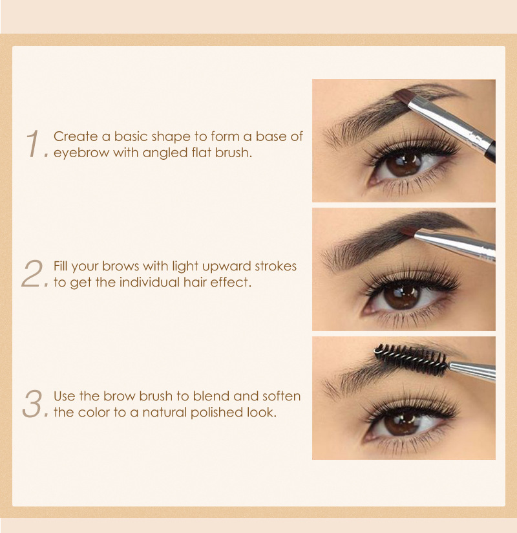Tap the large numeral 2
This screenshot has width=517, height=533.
32,274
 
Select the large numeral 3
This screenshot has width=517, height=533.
33,403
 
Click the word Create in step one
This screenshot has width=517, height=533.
74,136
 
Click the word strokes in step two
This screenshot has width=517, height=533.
273,266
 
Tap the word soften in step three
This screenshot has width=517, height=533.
281,396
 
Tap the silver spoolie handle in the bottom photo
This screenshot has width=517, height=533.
472,371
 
